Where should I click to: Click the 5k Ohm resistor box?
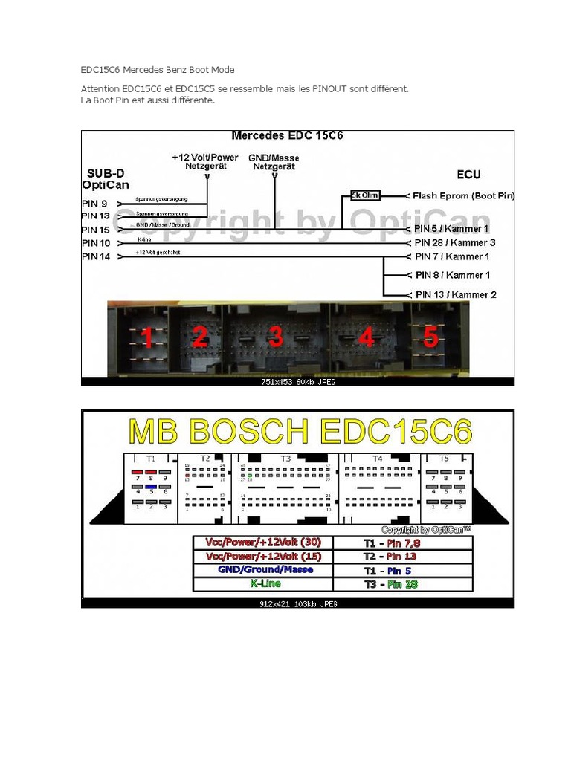366,196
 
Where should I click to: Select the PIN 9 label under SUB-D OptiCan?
95,203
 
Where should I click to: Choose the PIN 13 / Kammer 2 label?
456,294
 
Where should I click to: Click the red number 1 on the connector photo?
146,338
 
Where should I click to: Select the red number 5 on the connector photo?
431,337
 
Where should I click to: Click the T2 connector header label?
206,459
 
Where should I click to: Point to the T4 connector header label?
377,459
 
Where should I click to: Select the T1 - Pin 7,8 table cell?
403,542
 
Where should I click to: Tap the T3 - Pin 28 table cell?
403,584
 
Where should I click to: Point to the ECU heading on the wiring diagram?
468,175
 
